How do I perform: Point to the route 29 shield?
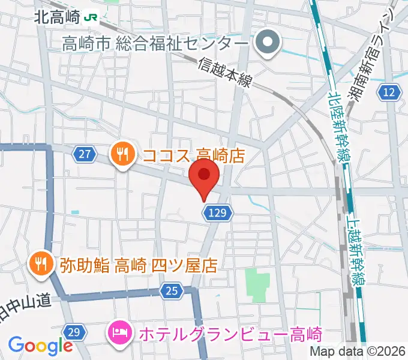tap(74, 332)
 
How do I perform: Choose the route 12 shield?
tap(389, 92)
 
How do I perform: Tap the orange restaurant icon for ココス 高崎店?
tap(122, 155)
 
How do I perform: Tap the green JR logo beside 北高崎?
tap(92, 17)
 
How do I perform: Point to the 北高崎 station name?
tap(56, 17)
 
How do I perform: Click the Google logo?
tap(40, 345)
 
